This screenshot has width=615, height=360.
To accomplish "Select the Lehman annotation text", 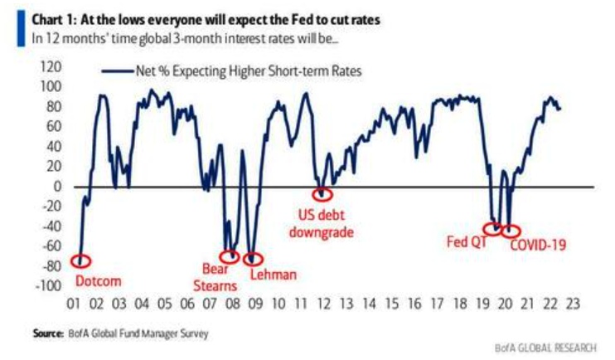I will point(273,274).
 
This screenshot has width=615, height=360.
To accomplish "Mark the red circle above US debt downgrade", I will point(322,194).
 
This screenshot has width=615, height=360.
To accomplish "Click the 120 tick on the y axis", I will point(52,66).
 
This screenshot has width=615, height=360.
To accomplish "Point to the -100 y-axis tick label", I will point(49,285).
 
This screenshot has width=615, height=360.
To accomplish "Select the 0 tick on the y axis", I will point(59,186).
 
